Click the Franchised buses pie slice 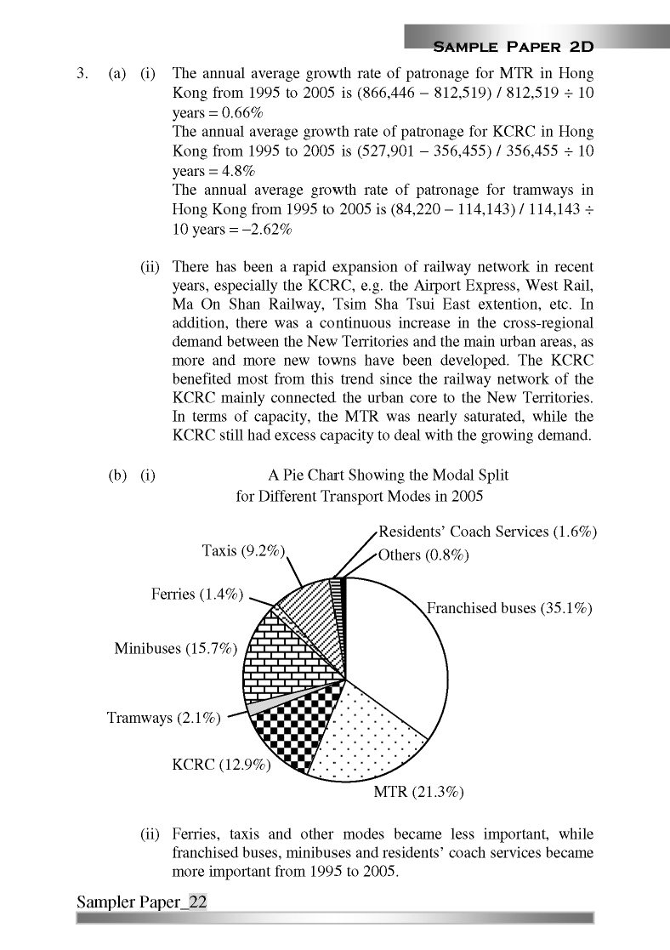coord(400,655)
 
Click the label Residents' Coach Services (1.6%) coord(487,532)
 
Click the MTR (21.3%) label coord(418,793)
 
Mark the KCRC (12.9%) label coord(221,765)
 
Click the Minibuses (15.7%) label coord(175,649)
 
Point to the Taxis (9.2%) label coord(242,550)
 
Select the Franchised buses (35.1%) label coord(508,608)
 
